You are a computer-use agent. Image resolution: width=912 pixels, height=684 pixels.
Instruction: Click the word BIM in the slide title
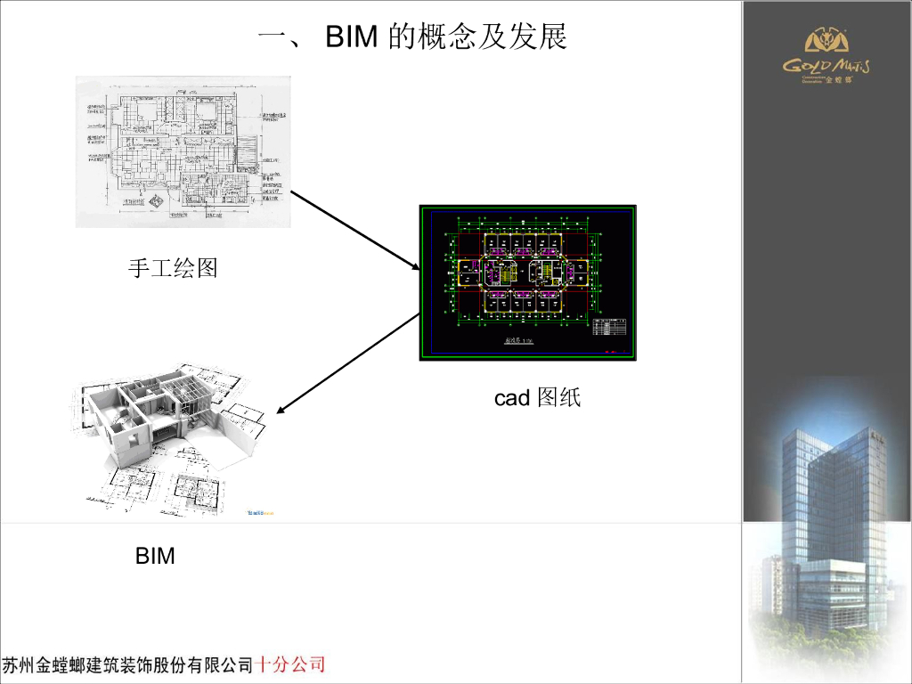coord(354,37)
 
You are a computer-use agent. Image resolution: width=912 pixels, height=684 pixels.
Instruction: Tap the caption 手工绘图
coord(173,267)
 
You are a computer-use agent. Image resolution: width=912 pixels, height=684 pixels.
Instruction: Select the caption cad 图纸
coord(537,398)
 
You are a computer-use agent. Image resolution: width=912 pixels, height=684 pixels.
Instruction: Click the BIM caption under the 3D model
coord(155,557)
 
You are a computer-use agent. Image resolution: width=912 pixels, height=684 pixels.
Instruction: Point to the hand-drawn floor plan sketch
coord(183,151)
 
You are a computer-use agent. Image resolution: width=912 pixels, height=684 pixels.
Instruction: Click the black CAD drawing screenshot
coord(528,282)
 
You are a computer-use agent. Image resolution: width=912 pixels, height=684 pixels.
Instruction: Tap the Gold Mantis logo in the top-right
coord(826,58)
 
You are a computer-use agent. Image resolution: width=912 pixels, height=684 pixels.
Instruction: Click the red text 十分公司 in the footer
coord(290,664)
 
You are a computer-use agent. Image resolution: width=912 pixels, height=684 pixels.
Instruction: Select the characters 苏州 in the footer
coord(19,665)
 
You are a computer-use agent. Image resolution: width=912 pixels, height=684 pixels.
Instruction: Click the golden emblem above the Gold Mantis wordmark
coord(826,41)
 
